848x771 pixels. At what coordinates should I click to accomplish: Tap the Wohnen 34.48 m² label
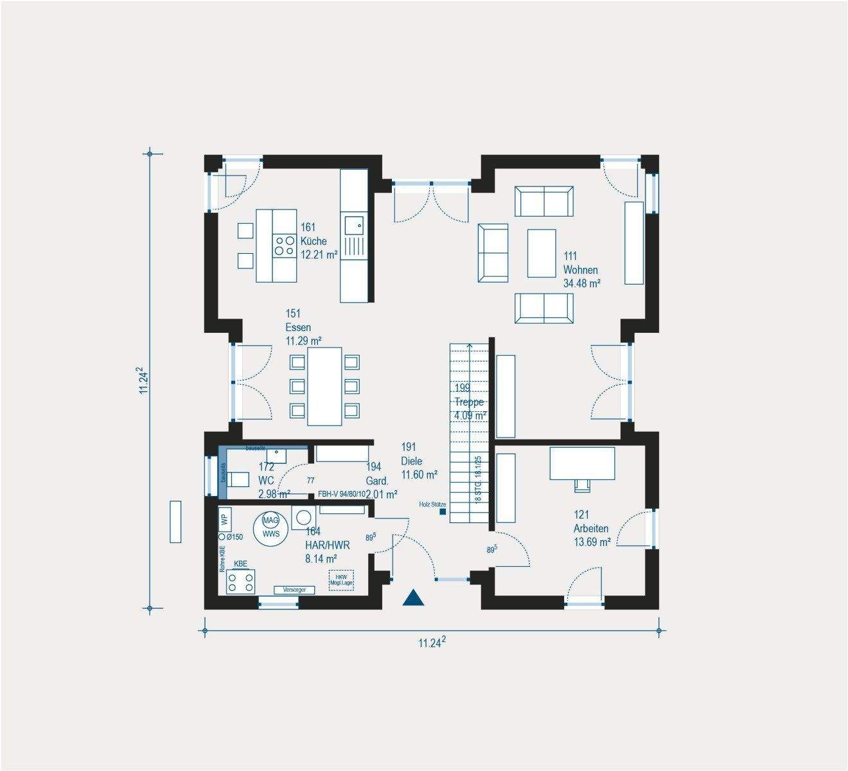click(581, 270)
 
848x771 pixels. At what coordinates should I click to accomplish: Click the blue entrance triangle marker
click(414, 598)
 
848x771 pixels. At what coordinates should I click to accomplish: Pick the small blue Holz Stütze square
click(443, 512)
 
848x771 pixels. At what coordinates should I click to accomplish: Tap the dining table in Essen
click(324, 386)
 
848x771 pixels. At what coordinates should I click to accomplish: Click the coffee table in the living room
click(542, 253)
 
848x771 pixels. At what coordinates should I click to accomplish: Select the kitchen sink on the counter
click(354, 225)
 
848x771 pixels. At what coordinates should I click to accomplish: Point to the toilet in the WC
click(238, 479)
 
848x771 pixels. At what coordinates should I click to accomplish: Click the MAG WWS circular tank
click(270, 527)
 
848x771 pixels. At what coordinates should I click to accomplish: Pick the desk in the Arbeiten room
click(582, 463)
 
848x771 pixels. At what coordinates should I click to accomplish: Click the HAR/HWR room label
click(328, 545)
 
